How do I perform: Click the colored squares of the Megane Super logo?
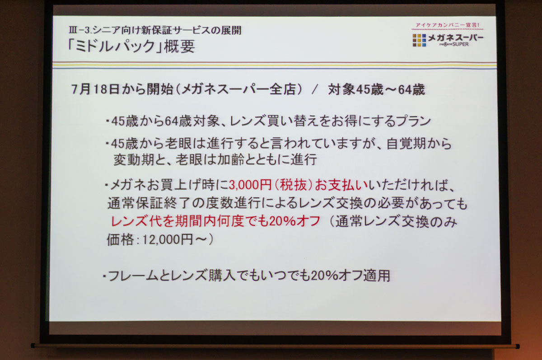(419, 40)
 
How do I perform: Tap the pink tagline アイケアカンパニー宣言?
(448, 25)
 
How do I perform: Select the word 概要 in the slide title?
(180, 46)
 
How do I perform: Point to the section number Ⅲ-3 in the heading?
(79, 30)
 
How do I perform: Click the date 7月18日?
(96, 89)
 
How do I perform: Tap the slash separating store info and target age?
(315, 89)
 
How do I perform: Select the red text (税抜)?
(293, 185)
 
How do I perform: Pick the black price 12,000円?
(168, 240)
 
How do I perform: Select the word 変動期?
(134, 160)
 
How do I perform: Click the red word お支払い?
(341, 185)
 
